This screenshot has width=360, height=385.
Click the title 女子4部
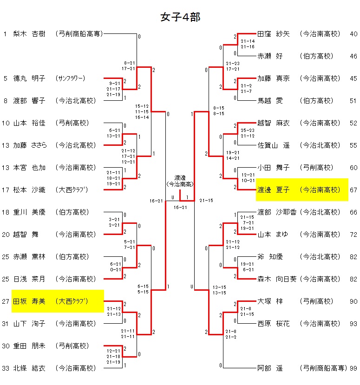tap(180, 17)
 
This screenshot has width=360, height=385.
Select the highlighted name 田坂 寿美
tap(29, 301)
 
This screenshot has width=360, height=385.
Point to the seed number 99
tap(354, 368)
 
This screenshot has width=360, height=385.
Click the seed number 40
tap(354, 34)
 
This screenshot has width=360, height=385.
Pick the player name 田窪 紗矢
tap(274, 34)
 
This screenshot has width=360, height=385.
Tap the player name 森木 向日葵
tap(277, 279)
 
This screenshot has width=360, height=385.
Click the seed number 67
tap(354, 190)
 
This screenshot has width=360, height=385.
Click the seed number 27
tap(6, 301)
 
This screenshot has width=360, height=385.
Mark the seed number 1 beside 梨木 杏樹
tap(5, 34)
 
